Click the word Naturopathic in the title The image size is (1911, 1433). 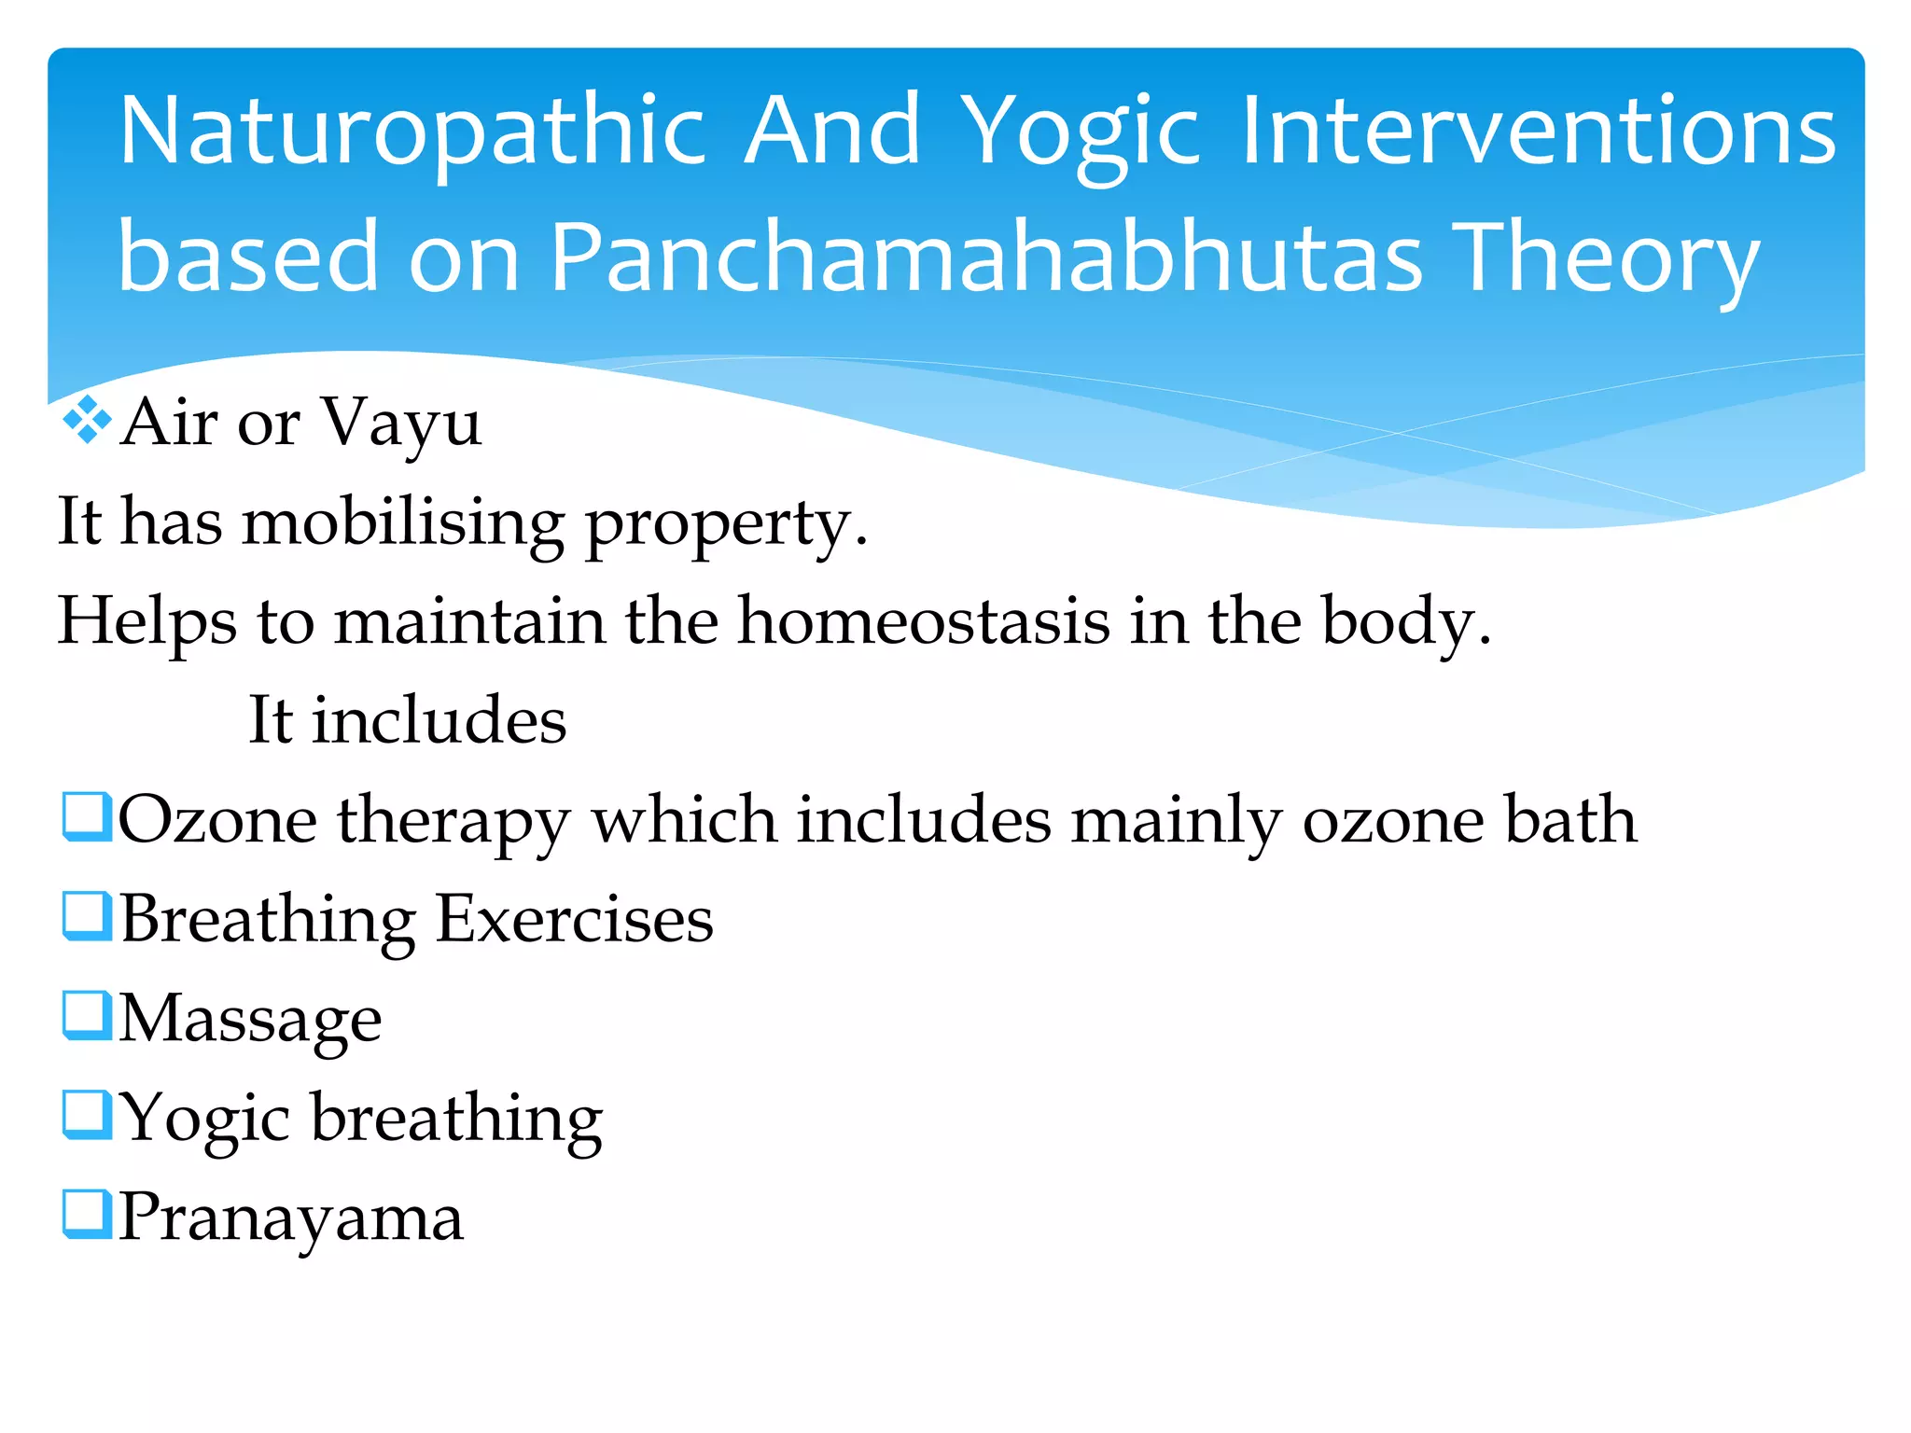coord(411,132)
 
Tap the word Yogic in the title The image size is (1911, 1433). coord(1079,132)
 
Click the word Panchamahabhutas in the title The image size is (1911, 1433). coord(985,257)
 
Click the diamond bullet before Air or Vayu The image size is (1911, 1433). coord(86,420)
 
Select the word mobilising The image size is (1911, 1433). coord(403,522)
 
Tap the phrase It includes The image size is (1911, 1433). coord(407,720)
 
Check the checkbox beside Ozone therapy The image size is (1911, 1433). coord(87,816)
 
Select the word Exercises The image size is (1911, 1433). coord(575,920)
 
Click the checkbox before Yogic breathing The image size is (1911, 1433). coord(87,1115)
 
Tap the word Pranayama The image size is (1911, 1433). coord(291,1218)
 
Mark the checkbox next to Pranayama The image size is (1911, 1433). coord(87,1214)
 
